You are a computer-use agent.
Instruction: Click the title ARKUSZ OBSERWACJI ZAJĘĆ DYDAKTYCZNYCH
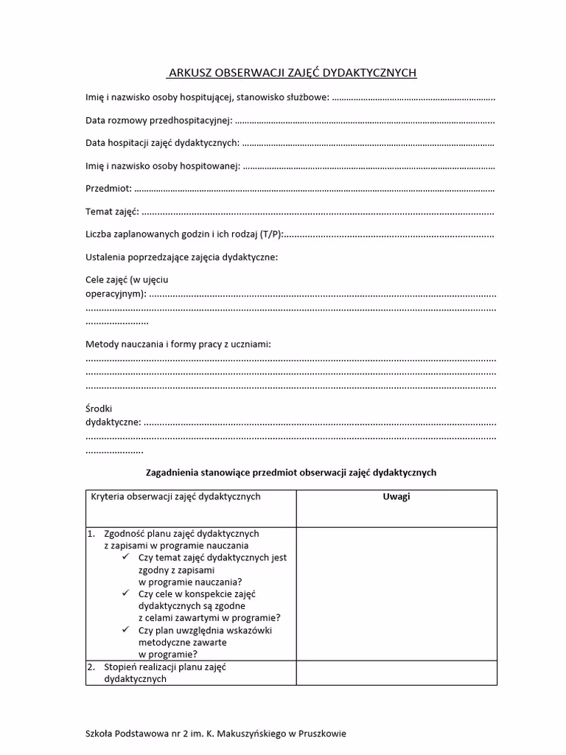pos(292,73)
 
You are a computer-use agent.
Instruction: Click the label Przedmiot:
pos(108,189)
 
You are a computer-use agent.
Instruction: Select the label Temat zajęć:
pos(112,212)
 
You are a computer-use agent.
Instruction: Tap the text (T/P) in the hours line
pos(270,234)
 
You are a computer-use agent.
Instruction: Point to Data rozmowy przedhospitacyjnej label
pos(158,120)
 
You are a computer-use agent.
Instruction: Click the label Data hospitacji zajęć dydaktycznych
pos(162,143)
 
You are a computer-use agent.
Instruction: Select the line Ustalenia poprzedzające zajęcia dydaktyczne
pos(182,257)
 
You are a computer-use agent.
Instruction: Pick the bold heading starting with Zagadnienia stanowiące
pos(292,473)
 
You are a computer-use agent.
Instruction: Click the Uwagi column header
pos(396,496)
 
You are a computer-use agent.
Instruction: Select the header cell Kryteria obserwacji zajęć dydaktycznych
pos(175,497)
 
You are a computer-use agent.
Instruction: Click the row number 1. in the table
pos(91,533)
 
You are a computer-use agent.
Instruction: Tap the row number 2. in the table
pos(91,667)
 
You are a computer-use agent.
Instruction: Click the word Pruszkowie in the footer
pos(321,734)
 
